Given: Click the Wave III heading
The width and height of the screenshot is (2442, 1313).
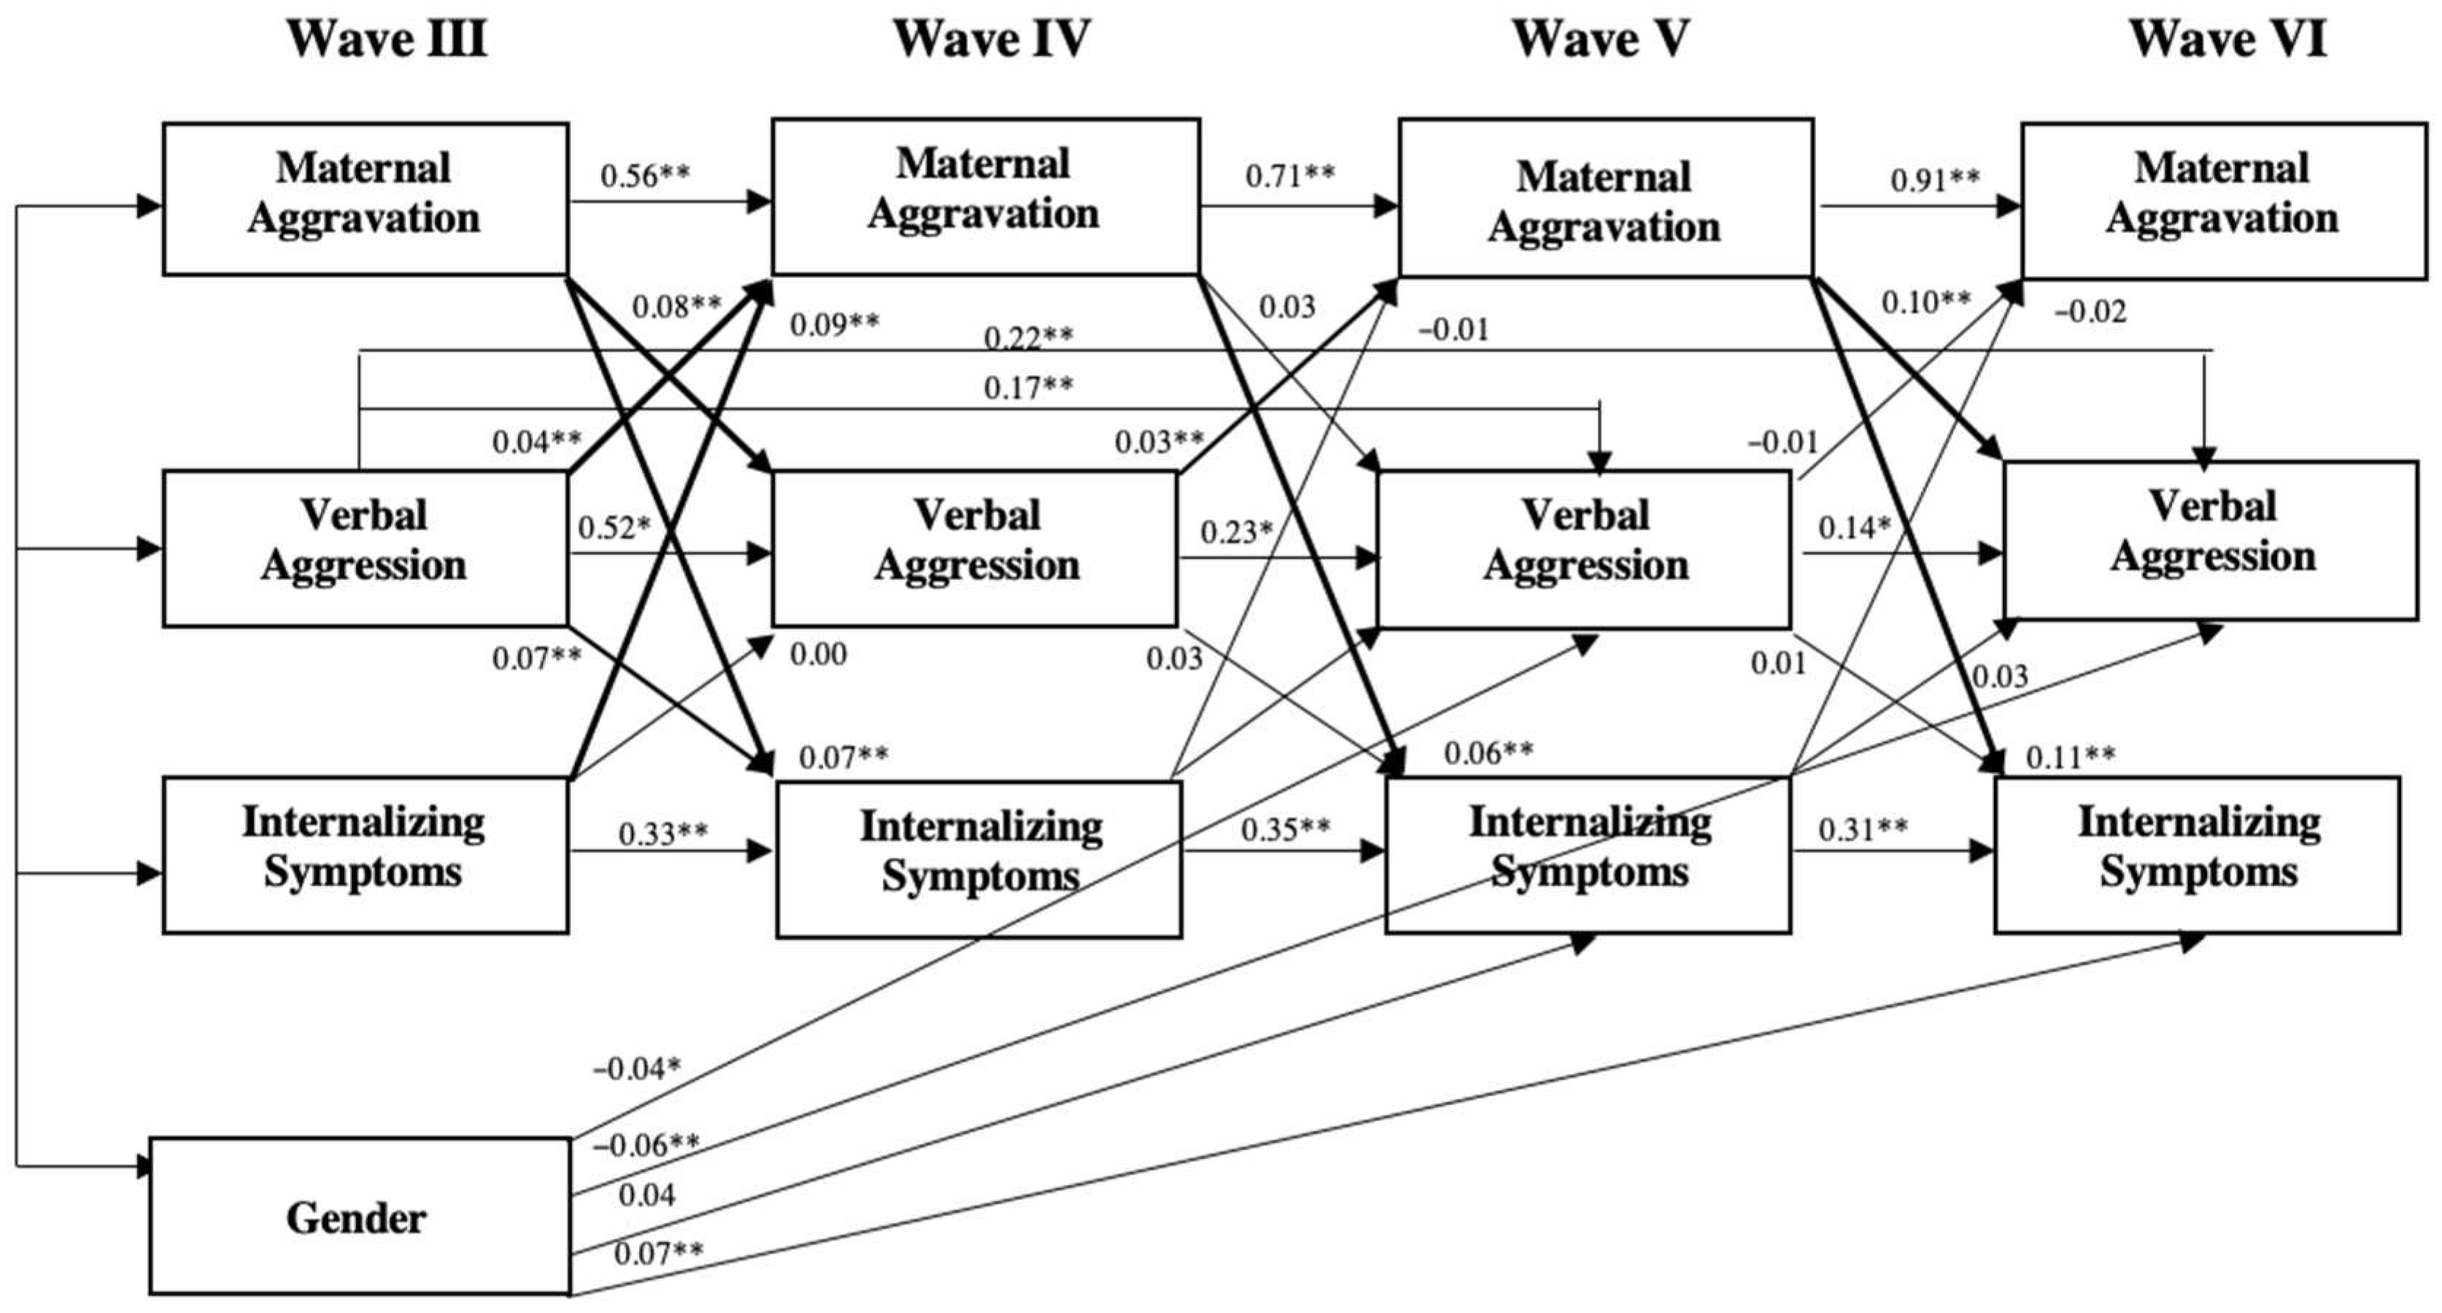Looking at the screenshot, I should (x=387, y=40).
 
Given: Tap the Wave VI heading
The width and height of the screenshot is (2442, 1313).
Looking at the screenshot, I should (x=2227, y=40).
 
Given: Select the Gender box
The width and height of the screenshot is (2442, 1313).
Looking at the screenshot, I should (x=358, y=1217).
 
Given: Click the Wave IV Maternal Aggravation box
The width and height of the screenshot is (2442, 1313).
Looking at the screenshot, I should (x=985, y=196).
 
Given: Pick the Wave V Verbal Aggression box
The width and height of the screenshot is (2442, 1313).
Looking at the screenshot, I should (x=1584, y=548).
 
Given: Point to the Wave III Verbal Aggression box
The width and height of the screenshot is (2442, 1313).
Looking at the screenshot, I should (x=365, y=547).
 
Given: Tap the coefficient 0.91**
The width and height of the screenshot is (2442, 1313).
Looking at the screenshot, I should (x=1935, y=179).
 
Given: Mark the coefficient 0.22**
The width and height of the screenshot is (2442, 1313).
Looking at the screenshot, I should (x=1029, y=338).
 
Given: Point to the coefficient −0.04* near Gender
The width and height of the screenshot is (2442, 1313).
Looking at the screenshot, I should (x=637, y=1069).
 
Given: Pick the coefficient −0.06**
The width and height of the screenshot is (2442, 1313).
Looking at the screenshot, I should (x=646, y=1145).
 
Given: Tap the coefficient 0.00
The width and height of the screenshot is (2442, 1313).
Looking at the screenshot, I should (x=818, y=654).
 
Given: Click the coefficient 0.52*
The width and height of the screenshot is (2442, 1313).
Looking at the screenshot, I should (x=615, y=527).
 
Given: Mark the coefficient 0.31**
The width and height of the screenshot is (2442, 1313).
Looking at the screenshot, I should (x=1863, y=829).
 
